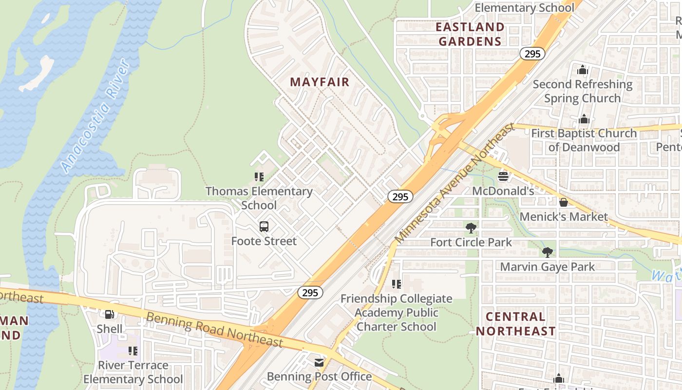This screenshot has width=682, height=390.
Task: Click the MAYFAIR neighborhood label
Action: click(x=320, y=82)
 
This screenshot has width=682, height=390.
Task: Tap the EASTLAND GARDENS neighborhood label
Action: click(x=470, y=34)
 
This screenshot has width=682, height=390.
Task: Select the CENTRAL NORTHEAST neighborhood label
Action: click(x=515, y=324)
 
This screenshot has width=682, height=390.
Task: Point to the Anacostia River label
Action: click(x=95, y=116)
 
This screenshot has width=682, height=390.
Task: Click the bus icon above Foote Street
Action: click(x=264, y=227)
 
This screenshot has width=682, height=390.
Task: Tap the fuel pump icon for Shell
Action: click(x=110, y=315)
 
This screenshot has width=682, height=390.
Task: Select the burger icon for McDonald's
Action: click(x=503, y=176)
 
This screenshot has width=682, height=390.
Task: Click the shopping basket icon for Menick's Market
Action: click(x=564, y=202)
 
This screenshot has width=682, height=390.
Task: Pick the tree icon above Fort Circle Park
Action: click(x=471, y=228)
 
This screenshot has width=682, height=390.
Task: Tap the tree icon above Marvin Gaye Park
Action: click(x=547, y=253)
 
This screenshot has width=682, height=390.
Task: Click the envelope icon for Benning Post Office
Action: click(x=319, y=363)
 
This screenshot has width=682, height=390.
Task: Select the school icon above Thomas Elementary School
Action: click(x=259, y=177)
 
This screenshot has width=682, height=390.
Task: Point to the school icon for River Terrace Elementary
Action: click(x=133, y=351)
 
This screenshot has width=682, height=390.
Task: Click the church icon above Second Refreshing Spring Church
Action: click(x=582, y=70)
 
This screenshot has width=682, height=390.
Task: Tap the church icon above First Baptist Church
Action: click(x=584, y=119)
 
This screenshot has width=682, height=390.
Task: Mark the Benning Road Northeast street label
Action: click(x=214, y=330)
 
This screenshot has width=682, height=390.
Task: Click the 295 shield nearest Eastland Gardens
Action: click(x=532, y=54)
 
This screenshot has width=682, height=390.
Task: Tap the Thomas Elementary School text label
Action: click(x=259, y=198)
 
